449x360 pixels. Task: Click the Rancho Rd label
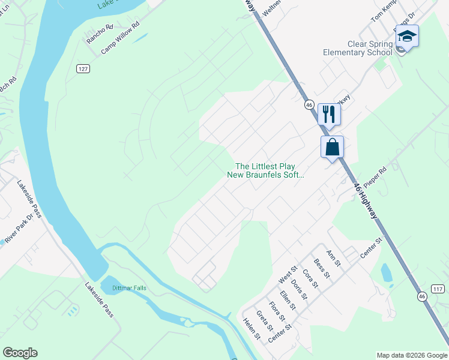(100, 34)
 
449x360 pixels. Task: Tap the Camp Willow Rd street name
(119, 38)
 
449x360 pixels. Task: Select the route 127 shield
(83, 69)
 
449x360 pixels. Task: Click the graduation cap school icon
(407, 37)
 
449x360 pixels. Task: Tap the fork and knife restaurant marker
(329, 113)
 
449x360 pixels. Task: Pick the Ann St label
(333, 259)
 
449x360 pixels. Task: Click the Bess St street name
(322, 268)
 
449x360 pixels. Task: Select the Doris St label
(298, 289)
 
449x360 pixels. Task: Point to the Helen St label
(252, 328)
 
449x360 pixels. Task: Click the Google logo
(20, 353)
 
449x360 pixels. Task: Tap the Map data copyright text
(412, 355)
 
